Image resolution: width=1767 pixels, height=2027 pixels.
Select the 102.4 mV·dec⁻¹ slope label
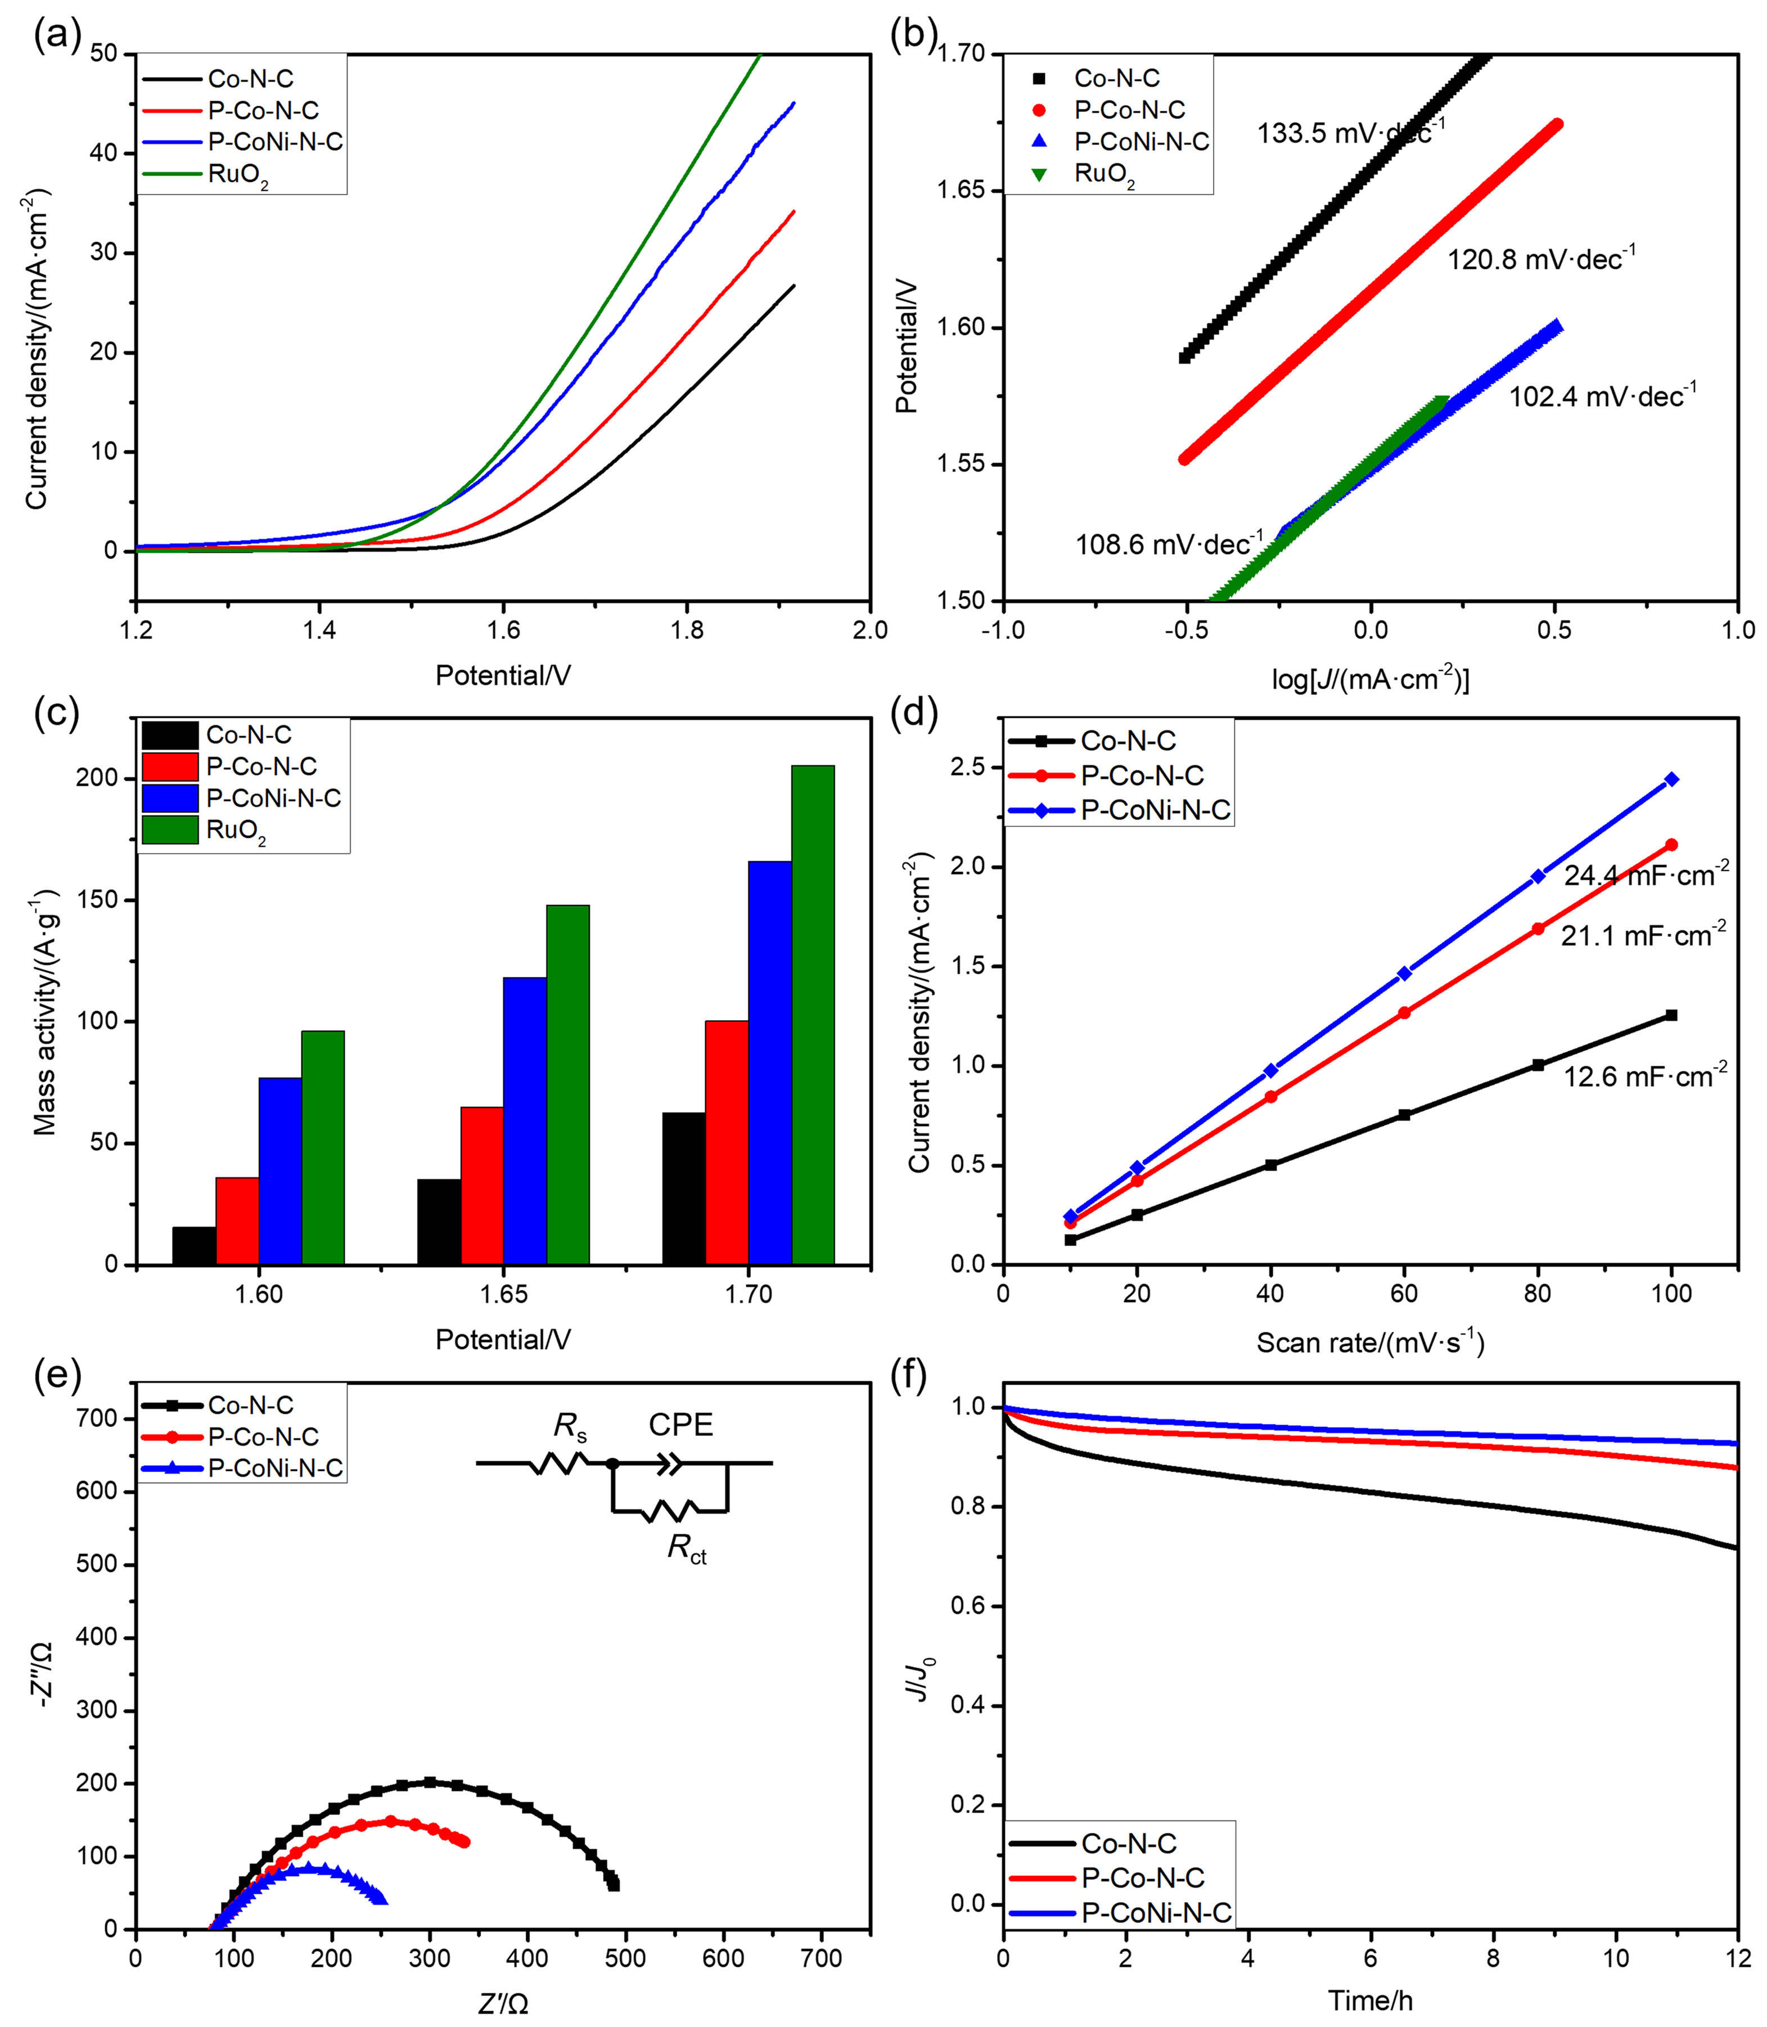tap(1601, 397)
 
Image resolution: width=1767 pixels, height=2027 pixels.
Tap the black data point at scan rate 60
tap(1404, 1115)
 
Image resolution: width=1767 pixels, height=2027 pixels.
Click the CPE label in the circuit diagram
tap(680, 1425)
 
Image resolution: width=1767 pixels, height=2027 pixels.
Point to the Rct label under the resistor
tap(686, 1549)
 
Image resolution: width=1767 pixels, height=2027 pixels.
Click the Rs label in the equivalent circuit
tap(570, 1426)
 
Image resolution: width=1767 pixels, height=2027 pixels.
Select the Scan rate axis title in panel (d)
tap(1369, 1342)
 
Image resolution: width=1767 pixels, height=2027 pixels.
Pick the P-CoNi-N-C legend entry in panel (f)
tap(1156, 1913)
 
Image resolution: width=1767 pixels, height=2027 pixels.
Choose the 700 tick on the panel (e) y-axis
tap(97, 1418)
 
